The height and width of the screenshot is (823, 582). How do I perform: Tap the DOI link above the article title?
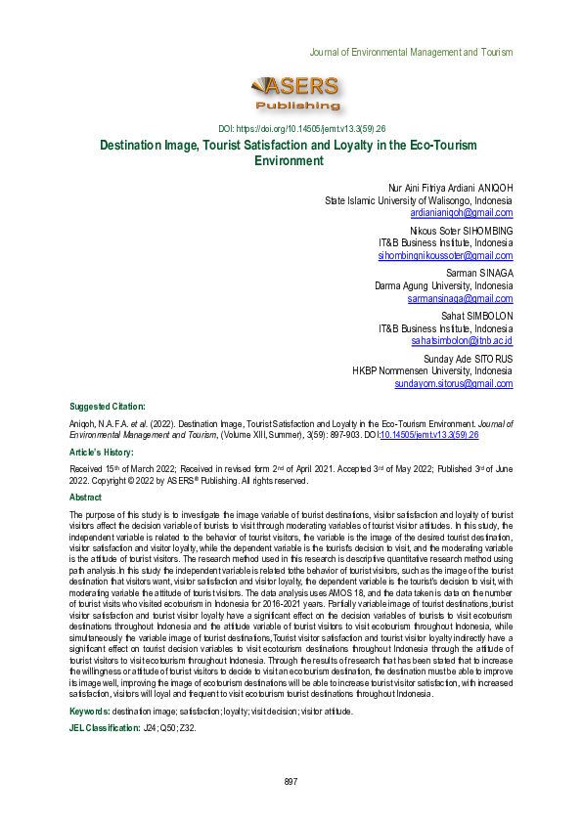click(291, 129)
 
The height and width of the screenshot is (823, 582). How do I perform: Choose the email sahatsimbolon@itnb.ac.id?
click(462, 341)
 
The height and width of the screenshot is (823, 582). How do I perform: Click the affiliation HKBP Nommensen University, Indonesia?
click(432, 371)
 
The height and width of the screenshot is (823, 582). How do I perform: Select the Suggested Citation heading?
click(108, 406)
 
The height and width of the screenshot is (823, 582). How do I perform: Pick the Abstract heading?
click(87, 498)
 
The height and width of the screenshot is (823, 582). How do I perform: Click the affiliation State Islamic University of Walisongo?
click(418, 198)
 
